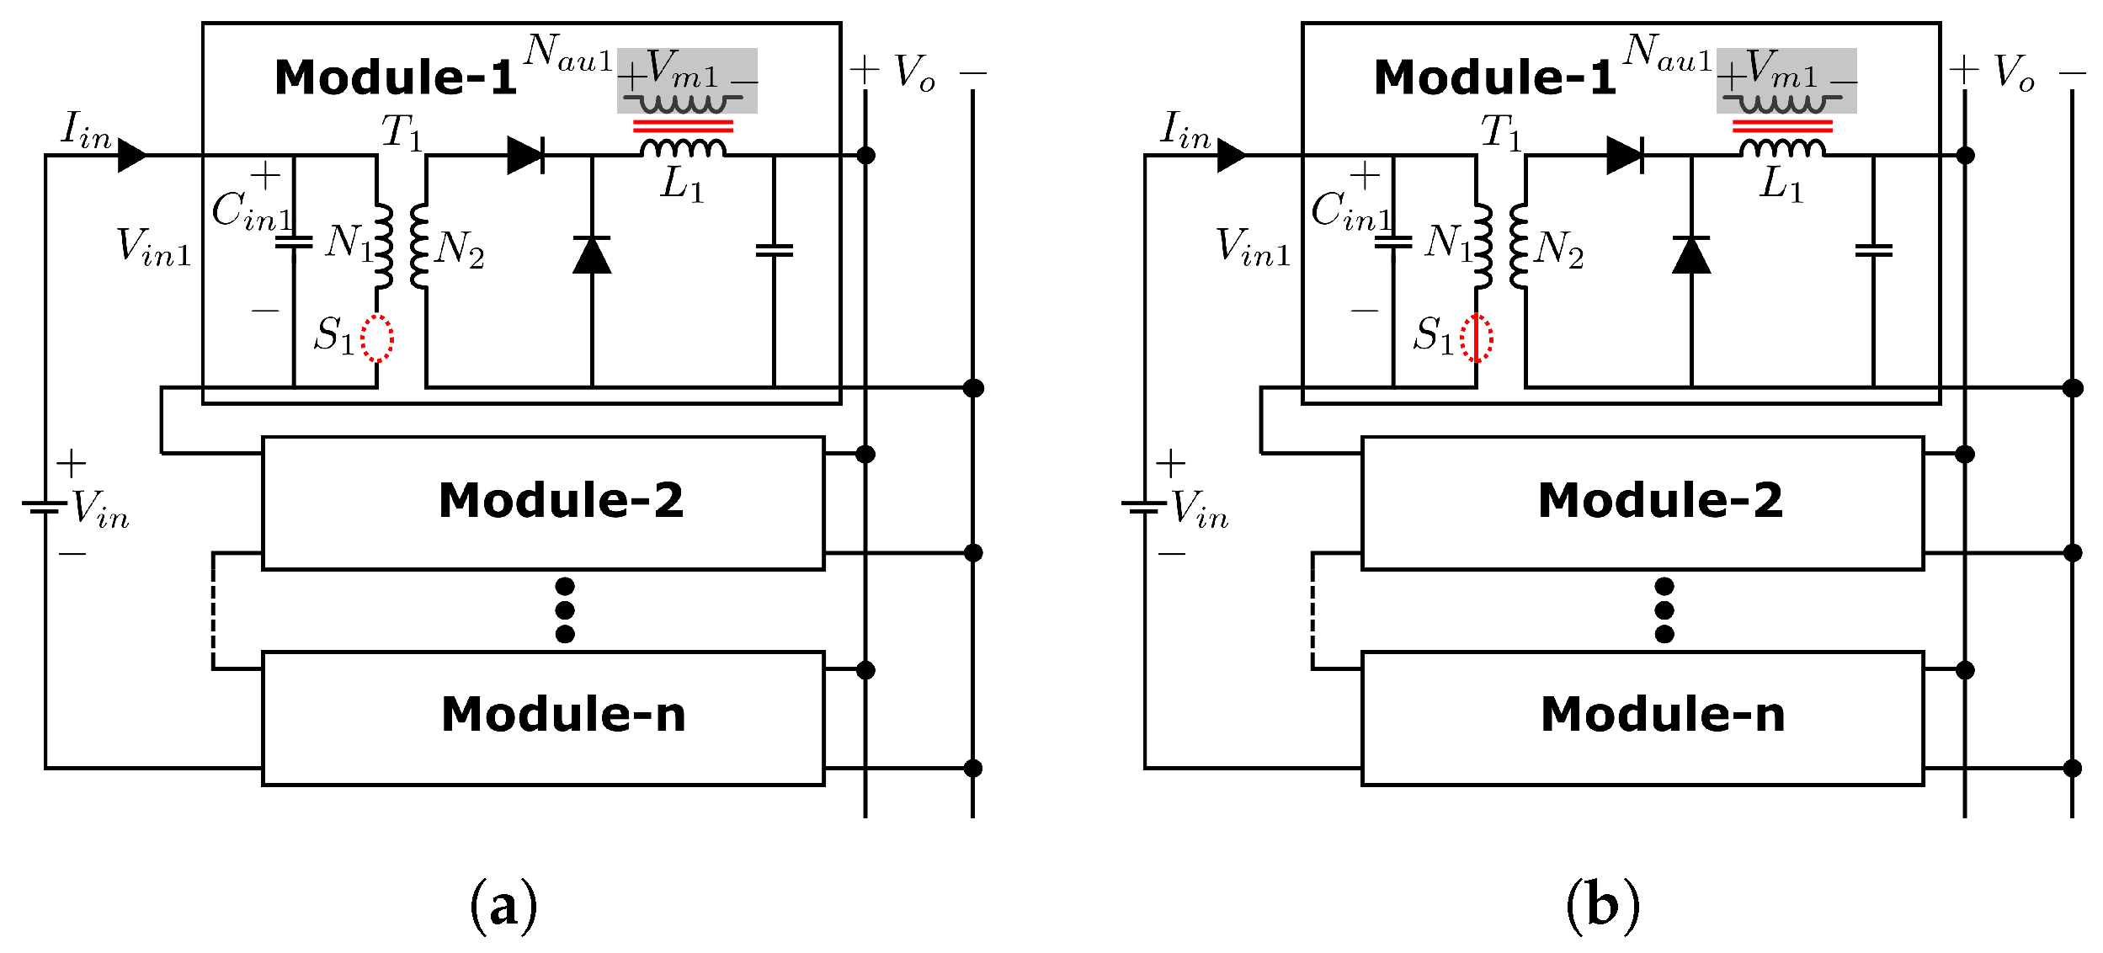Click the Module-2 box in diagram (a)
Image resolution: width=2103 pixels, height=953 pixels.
[543, 503]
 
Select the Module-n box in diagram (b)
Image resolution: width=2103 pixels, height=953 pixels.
[1642, 717]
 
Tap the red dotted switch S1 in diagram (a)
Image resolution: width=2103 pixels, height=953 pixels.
[377, 338]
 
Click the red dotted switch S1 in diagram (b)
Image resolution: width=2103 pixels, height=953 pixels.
[1477, 338]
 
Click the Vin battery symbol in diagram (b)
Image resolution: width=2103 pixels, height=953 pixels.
[1144, 506]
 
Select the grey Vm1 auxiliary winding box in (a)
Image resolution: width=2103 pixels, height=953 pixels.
[687, 81]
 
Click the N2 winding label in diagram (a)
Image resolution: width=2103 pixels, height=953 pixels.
[460, 249]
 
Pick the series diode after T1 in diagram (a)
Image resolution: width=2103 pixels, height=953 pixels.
[526, 156]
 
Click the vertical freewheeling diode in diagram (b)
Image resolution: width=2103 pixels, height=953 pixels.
[1691, 255]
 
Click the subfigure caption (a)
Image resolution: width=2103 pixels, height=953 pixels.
[503, 906]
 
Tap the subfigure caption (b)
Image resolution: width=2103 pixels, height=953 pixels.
[1602, 906]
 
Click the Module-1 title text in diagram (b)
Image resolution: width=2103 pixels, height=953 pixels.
[1494, 77]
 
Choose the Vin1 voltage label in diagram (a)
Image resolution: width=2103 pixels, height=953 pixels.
[154, 248]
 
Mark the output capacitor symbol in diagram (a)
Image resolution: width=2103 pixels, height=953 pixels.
[774, 250]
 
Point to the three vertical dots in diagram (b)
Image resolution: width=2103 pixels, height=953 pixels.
[1664, 610]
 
